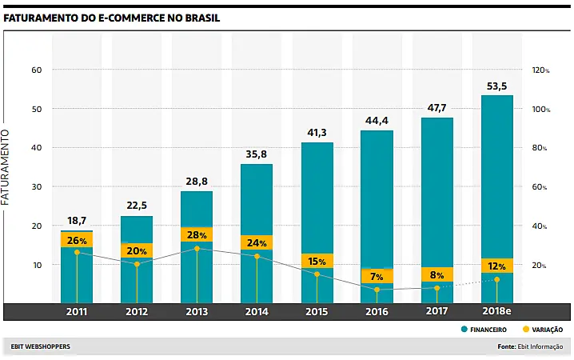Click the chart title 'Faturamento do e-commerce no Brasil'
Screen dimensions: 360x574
tap(112, 17)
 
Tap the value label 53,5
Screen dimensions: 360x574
tap(496, 86)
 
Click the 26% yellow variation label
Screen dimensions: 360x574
tap(77, 240)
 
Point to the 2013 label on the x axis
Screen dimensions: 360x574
tap(197, 311)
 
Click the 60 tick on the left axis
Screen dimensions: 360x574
tap(35, 70)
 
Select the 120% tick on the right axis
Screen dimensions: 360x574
tap(540, 70)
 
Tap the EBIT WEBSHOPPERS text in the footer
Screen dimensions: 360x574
tap(40, 346)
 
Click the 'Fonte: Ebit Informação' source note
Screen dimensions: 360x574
tap(529, 346)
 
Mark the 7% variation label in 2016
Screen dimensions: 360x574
tap(377, 276)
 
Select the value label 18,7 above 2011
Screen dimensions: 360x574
tap(77, 221)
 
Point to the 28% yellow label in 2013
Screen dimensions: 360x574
tap(197, 234)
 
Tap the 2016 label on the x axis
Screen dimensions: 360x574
tap(377, 311)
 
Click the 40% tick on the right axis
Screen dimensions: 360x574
tap(540, 226)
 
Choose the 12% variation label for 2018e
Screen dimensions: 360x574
tap(496, 266)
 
